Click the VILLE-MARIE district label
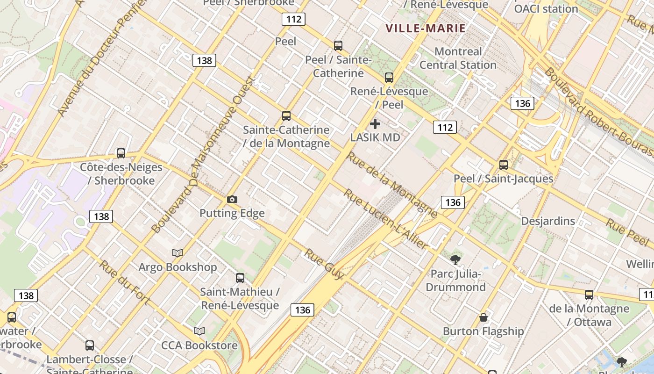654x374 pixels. (x=426, y=28)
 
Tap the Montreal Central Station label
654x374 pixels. (x=458, y=58)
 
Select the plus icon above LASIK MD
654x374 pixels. (x=375, y=124)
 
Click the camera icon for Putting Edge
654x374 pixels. (x=232, y=200)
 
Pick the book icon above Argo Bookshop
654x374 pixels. (x=178, y=253)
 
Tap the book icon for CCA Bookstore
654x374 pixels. (x=199, y=331)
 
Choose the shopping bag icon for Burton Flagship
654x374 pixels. (x=483, y=318)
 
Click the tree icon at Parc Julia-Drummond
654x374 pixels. (x=455, y=259)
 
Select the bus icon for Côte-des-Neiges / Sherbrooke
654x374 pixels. (x=121, y=153)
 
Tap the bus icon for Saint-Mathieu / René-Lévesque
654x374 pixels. (x=240, y=278)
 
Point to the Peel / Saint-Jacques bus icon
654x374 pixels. (x=504, y=165)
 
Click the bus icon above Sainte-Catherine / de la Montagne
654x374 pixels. (x=286, y=116)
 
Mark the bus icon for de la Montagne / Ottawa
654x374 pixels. (x=589, y=295)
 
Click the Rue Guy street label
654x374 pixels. (x=324, y=265)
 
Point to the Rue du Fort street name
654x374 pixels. (x=124, y=282)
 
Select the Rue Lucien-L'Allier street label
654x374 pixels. (x=386, y=219)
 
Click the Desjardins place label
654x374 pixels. (x=548, y=221)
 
